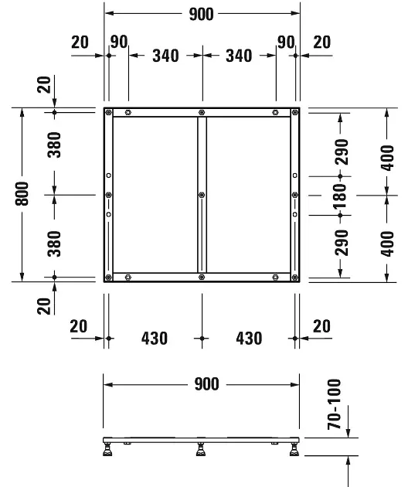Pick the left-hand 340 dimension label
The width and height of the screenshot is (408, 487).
coord(166,56)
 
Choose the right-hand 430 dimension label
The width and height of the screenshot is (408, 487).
coord(248,338)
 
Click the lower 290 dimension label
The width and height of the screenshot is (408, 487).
coord(341,242)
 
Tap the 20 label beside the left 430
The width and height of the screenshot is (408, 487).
coord(79,327)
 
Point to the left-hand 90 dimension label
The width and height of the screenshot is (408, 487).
coord(118,42)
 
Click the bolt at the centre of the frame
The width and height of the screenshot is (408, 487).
coord(201,195)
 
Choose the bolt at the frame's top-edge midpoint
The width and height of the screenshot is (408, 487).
coord(201,113)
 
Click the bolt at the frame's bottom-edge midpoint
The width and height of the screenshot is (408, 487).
coord(201,277)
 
